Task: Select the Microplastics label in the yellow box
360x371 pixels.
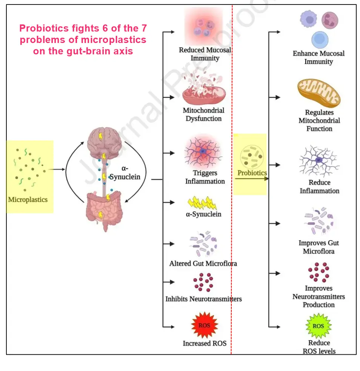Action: click(28, 199)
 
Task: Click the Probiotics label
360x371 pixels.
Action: click(252, 173)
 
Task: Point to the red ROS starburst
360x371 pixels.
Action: click(205, 325)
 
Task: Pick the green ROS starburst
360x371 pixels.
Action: click(318, 326)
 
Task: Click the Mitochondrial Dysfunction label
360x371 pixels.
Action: click(203, 115)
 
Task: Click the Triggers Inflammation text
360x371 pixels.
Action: click(205, 177)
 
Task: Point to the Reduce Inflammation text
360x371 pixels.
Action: click(319, 187)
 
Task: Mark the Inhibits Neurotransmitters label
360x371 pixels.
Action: click(203, 299)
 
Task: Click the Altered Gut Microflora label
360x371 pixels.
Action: click(203, 264)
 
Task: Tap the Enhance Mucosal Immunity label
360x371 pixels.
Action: click(318, 57)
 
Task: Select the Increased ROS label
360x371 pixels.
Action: click(205, 343)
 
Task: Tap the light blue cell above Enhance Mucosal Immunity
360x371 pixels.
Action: click(320, 40)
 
